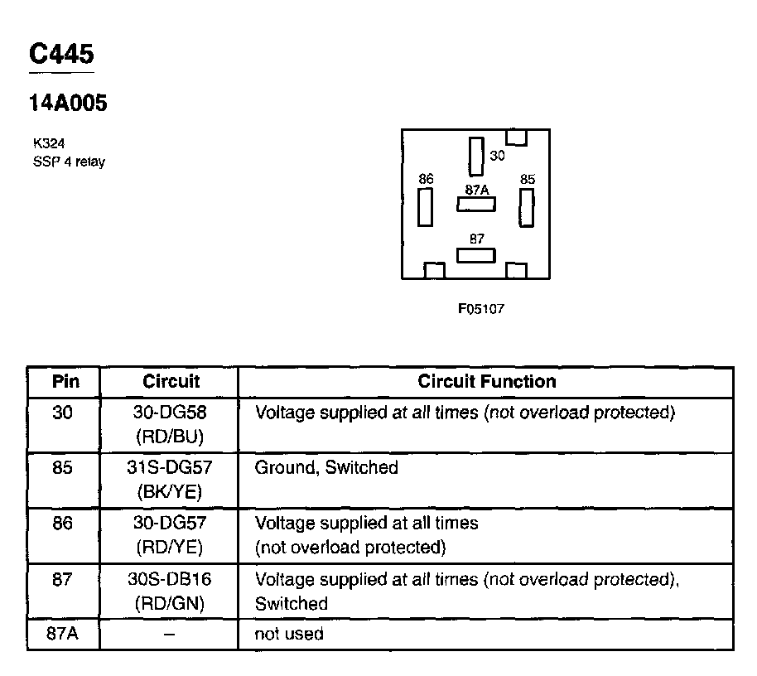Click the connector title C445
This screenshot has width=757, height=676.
tap(61, 54)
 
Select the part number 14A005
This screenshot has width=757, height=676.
tap(68, 104)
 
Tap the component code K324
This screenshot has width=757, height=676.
tap(48, 144)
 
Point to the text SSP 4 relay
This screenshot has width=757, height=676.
tap(68, 162)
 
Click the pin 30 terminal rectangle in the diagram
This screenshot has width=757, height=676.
tap(475, 157)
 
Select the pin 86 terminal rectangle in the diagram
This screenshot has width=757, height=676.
tap(426, 206)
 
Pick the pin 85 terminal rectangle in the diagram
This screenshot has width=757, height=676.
tap(526, 207)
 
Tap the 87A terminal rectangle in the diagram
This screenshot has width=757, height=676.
tap(476, 204)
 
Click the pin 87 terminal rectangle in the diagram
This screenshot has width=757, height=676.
tap(476, 254)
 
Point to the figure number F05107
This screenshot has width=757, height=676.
tap(481, 308)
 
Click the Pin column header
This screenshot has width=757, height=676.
tap(65, 382)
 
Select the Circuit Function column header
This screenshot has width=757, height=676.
tap(486, 382)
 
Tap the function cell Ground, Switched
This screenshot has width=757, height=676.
tap(326, 468)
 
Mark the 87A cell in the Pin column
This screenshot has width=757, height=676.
tap(63, 635)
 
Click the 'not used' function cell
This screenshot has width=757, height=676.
tap(289, 635)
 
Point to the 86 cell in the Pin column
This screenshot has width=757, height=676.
tap(63, 524)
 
